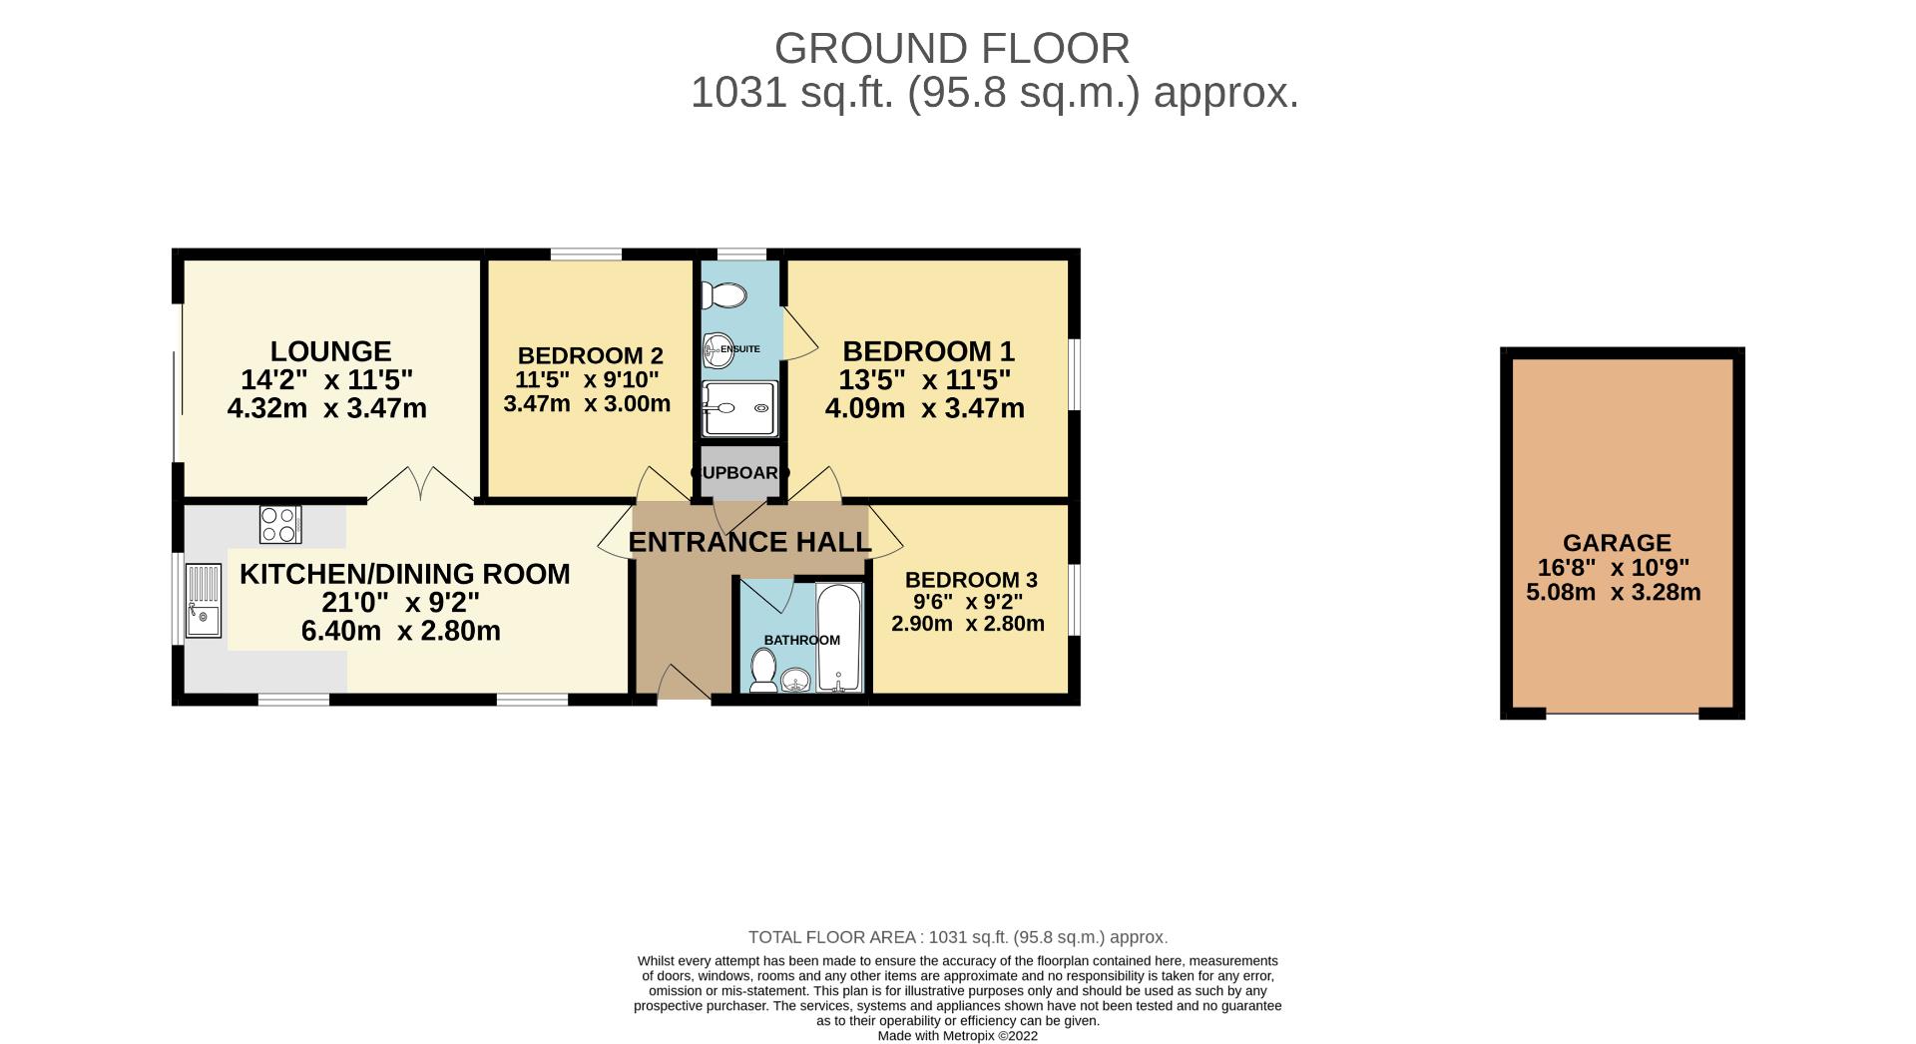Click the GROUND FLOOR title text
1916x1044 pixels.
[x=951, y=48]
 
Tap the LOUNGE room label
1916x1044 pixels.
[x=330, y=351]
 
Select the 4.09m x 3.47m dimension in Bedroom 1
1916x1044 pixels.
[x=924, y=408]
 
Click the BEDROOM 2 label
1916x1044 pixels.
[x=590, y=355]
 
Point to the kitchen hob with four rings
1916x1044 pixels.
[x=280, y=525]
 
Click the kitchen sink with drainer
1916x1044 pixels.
[x=204, y=601]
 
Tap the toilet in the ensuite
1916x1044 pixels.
[x=724, y=295]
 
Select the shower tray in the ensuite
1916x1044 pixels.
[x=738, y=408]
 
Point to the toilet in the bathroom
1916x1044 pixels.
[x=764, y=670]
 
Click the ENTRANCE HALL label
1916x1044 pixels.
[x=749, y=542]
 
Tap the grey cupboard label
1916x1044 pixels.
[x=739, y=472]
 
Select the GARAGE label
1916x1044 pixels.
[x=1617, y=543]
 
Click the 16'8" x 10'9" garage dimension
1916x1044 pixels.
[x=1614, y=568]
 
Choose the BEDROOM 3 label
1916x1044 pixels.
[x=971, y=580]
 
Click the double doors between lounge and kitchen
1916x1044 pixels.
[x=421, y=485]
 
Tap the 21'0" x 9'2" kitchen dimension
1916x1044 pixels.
[x=400, y=603]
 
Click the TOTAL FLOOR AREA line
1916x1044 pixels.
[x=957, y=937]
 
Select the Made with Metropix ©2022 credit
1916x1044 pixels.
[x=957, y=1036]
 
